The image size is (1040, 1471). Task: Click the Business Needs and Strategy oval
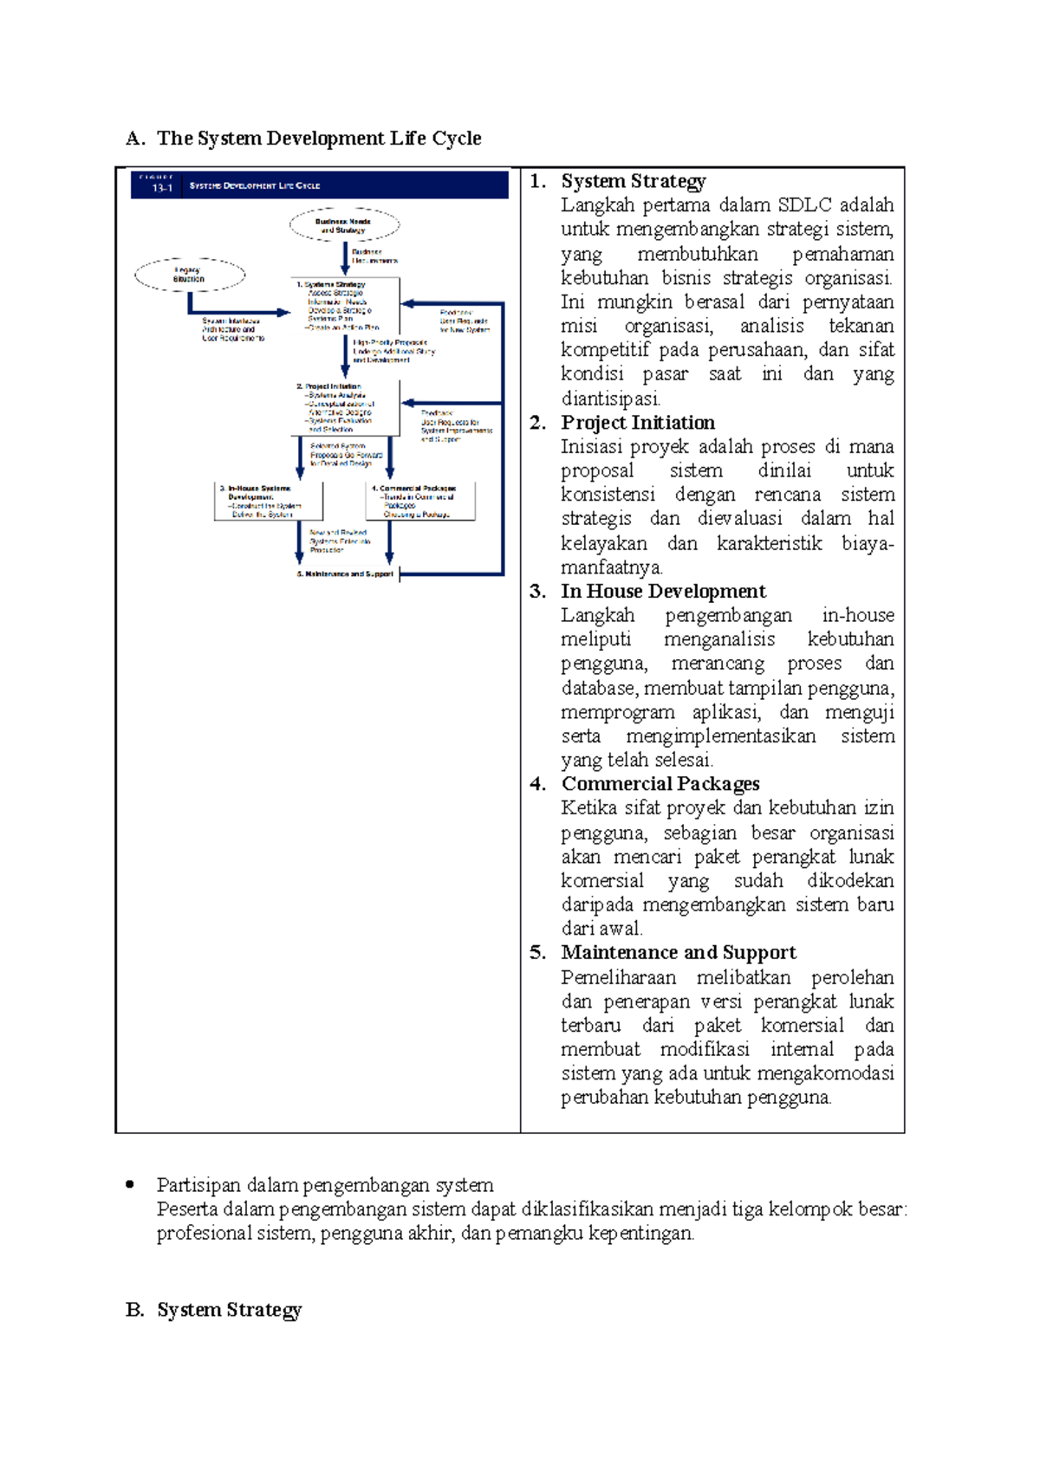pyautogui.click(x=345, y=225)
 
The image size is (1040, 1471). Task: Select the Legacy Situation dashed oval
pyautogui.click(x=190, y=275)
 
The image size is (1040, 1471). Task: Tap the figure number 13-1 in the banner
pyautogui.click(x=162, y=187)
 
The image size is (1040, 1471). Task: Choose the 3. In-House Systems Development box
pyautogui.click(x=268, y=502)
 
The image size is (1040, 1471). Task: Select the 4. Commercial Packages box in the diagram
pyautogui.click(x=420, y=502)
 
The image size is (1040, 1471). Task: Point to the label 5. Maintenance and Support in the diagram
pyautogui.click(x=345, y=573)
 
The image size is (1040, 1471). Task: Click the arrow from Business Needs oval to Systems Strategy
pyautogui.click(x=345, y=258)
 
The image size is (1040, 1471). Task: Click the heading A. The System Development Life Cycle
pyautogui.click(x=303, y=139)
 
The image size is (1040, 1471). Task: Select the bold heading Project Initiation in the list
pyautogui.click(x=638, y=423)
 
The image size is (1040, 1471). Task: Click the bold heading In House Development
pyautogui.click(x=663, y=592)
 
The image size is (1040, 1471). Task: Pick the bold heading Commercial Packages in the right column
pyautogui.click(x=660, y=784)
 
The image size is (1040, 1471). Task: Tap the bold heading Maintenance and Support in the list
pyautogui.click(x=679, y=953)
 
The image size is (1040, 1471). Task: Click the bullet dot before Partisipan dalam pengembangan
pyautogui.click(x=130, y=1184)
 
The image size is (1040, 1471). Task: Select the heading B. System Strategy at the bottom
pyautogui.click(x=214, y=1310)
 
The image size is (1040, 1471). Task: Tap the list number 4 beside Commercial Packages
pyautogui.click(x=536, y=784)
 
